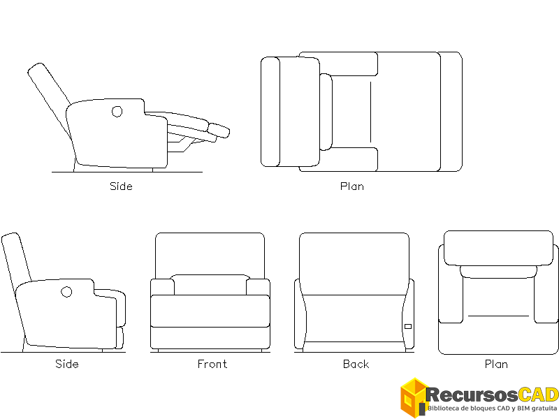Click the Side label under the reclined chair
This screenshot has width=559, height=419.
(121, 186)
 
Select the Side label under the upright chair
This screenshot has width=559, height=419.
(67, 364)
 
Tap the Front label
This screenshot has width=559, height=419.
(212, 364)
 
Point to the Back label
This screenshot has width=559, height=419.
(356, 364)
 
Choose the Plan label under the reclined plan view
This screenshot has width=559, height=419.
(351, 186)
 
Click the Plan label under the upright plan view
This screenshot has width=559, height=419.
(496, 364)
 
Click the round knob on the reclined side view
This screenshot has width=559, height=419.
(117, 111)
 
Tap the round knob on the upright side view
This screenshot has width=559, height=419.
(67, 291)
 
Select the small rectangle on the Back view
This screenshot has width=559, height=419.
(407, 326)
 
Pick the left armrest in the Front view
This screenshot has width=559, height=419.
(162, 287)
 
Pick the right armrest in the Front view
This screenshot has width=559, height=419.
(259, 287)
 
